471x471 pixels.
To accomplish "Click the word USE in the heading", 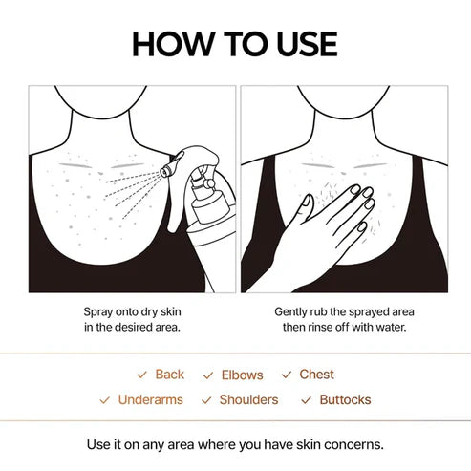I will pyautogui.click(x=304, y=44).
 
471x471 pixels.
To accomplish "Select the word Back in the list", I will pyautogui.click(x=169, y=375).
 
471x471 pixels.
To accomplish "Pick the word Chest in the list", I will pyautogui.click(x=317, y=375).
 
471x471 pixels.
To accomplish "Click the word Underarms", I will pyautogui.click(x=150, y=399).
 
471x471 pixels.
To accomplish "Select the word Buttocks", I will pyautogui.click(x=345, y=399).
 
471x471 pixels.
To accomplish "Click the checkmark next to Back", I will pyautogui.click(x=141, y=375).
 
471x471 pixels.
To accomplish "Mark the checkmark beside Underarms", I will pyautogui.click(x=105, y=399).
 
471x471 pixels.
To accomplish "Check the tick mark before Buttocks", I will pyautogui.click(x=307, y=399).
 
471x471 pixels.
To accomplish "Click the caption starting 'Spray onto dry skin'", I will pyautogui.click(x=132, y=311).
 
